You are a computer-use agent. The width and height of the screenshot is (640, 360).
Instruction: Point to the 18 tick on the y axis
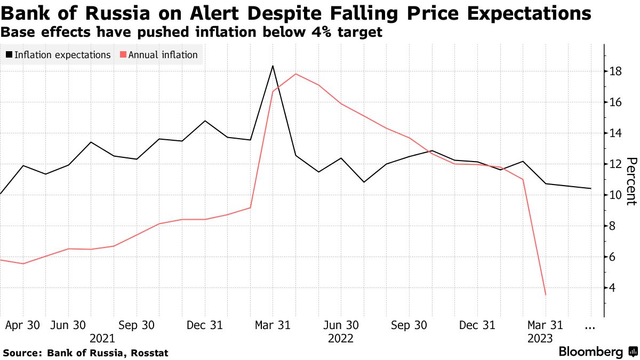click(x=616, y=71)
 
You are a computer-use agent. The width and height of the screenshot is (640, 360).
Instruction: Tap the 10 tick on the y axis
click(x=616, y=195)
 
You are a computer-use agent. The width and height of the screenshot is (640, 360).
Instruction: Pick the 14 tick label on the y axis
click(x=616, y=133)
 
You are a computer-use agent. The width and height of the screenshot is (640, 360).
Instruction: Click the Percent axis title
click(x=631, y=181)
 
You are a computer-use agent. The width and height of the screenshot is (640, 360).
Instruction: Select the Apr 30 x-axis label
click(x=22, y=325)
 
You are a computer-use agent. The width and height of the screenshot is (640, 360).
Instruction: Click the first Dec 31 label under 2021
click(x=205, y=325)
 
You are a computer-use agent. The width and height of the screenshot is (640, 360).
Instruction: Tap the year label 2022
click(x=341, y=338)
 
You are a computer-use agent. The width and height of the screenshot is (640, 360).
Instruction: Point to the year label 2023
click(x=540, y=338)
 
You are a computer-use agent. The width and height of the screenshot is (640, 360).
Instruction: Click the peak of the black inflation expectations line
click(x=273, y=66)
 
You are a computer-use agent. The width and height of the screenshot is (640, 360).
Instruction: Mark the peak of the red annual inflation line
click(x=295, y=74)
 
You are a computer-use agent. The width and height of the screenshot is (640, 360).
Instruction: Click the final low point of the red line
click(x=546, y=294)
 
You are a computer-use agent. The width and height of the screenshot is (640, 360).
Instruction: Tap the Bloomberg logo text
click(x=590, y=352)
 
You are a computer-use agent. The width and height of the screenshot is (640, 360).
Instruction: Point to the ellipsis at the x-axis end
click(x=590, y=325)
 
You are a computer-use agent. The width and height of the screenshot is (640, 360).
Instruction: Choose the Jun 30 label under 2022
click(x=341, y=325)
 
